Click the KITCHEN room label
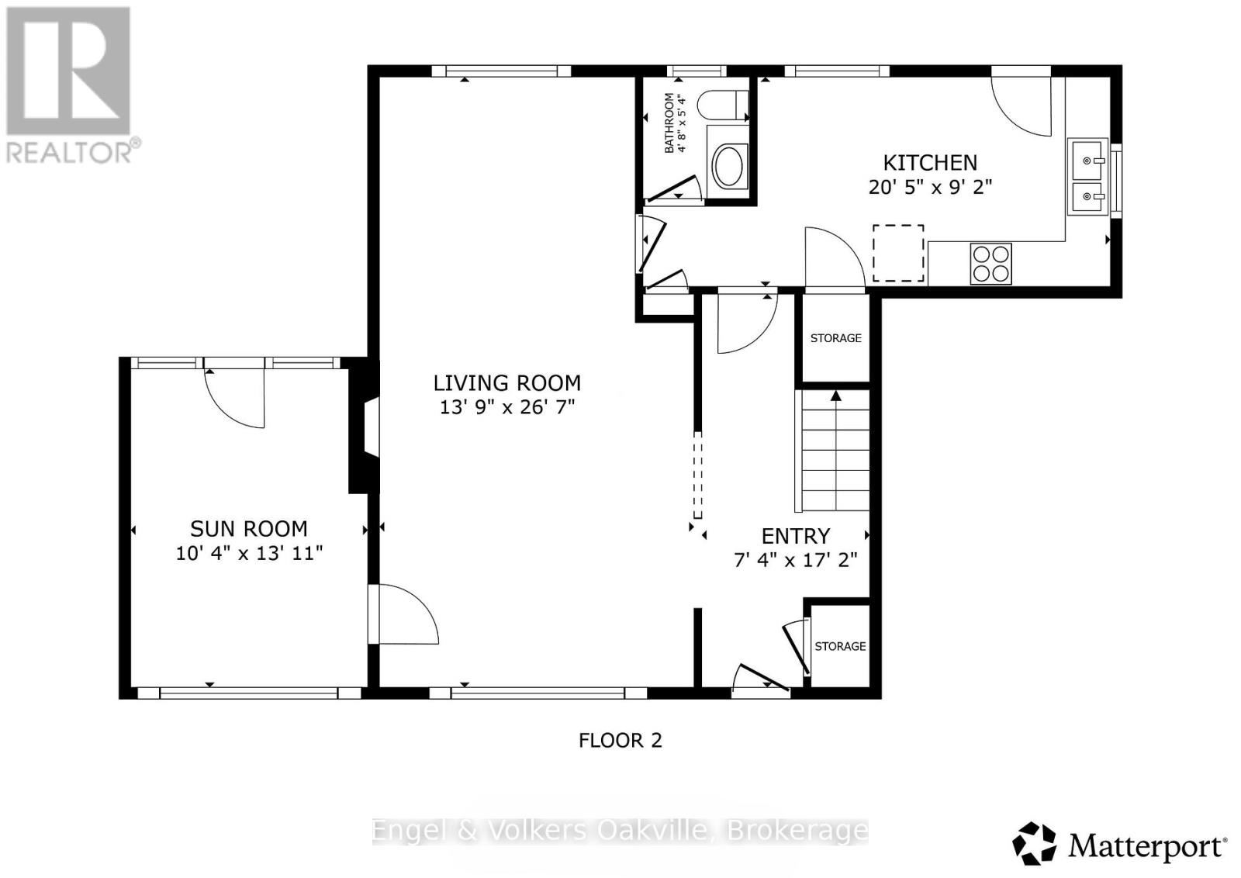[x=930, y=163]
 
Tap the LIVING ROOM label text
[x=506, y=383]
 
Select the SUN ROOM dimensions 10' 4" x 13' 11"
[x=248, y=553]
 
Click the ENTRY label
[x=796, y=537]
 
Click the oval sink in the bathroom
[x=728, y=167]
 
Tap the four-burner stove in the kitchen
[x=990, y=264]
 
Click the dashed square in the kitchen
[x=898, y=254]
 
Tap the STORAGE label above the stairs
[x=835, y=338]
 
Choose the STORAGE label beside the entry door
[x=840, y=646]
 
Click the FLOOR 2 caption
[x=620, y=741]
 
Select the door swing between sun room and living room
[x=403, y=614]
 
